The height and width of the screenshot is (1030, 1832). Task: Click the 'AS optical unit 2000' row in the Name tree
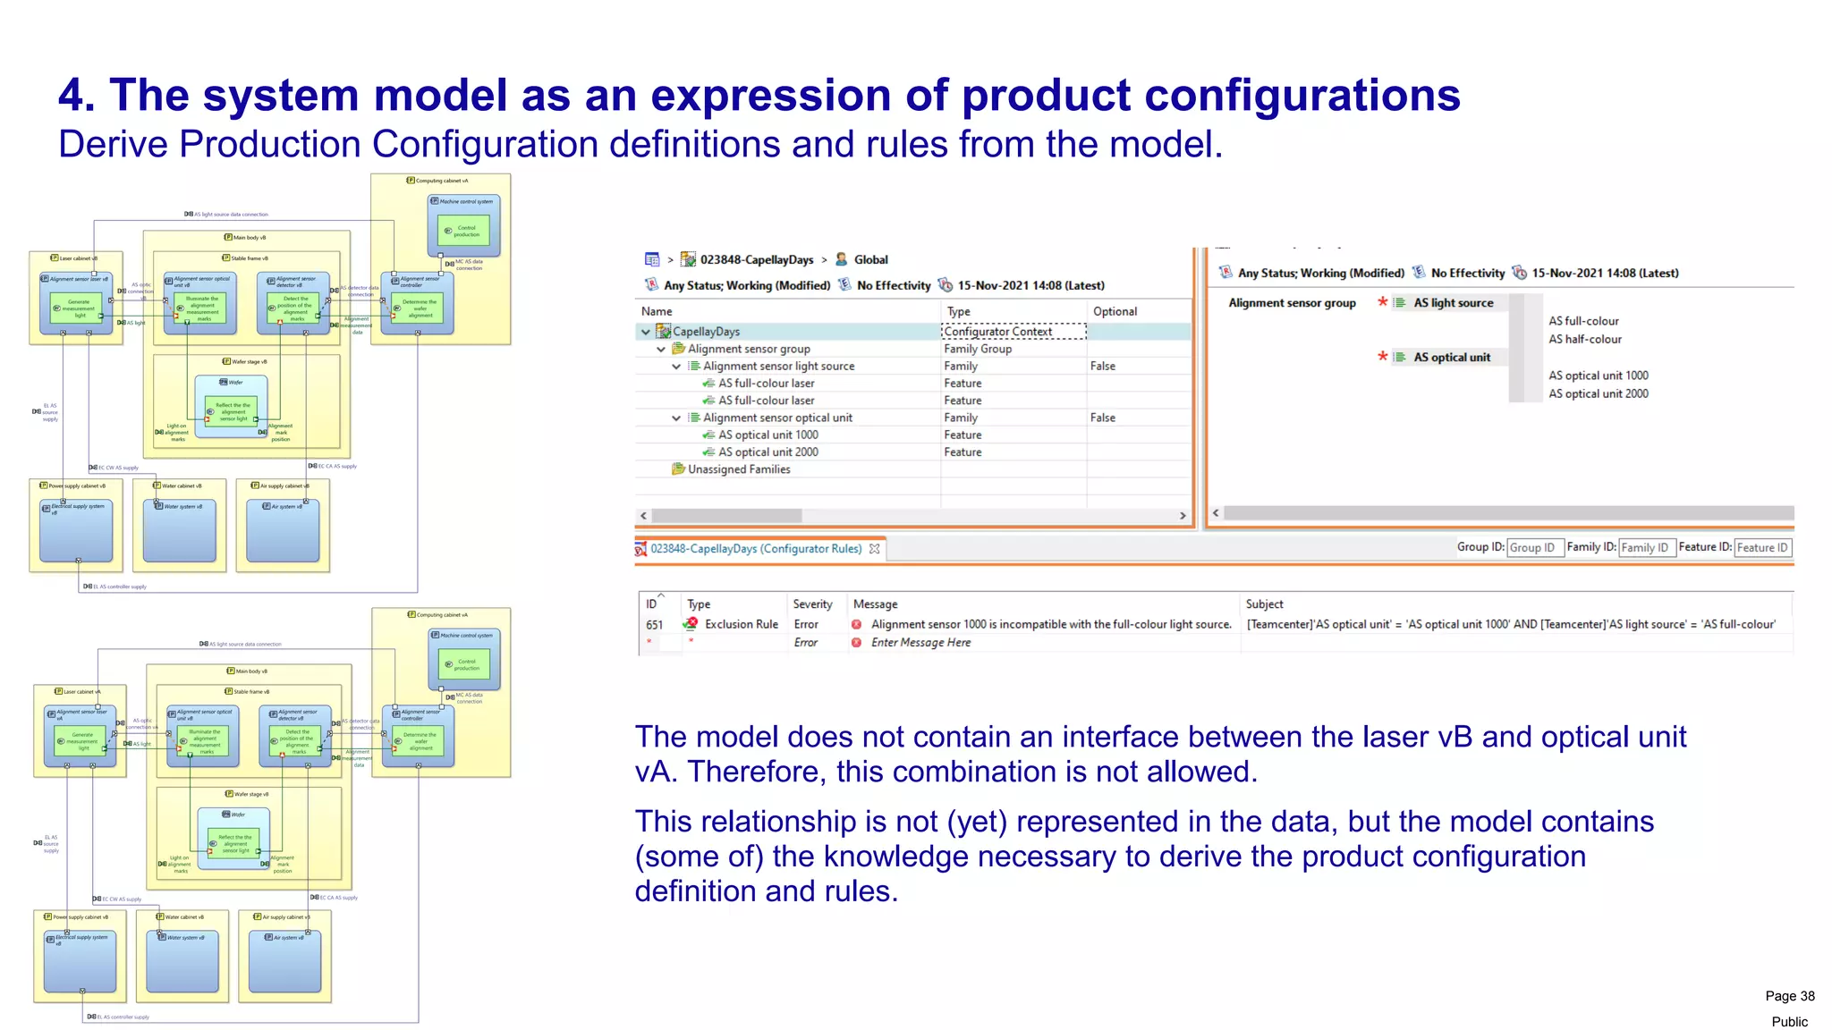pyautogui.click(x=768, y=452)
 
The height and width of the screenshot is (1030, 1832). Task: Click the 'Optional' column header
pyautogui.click(x=1115, y=311)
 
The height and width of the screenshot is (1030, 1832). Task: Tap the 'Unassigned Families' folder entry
pyautogui.click(x=738, y=469)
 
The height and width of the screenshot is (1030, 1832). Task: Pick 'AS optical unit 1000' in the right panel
pyautogui.click(x=1598, y=376)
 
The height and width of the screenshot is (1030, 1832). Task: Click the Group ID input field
pyautogui.click(x=1534, y=548)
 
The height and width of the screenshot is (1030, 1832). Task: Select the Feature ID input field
pyautogui.click(x=1762, y=548)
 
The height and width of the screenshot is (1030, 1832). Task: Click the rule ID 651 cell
pyautogui.click(x=655, y=625)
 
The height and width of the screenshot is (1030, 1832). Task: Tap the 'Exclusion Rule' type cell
pyautogui.click(x=741, y=624)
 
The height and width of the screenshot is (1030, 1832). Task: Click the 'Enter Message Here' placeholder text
pyautogui.click(x=920, y=643)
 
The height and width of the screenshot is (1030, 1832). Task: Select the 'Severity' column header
pyautogui.click(x=812, y=604)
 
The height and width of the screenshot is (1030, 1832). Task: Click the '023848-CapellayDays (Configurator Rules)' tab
pyautogui.click(x=756, y=549)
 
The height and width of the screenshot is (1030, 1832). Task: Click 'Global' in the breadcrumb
pyautogui.click(x=870, y=260)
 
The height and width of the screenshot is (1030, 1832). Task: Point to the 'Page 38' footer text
pyautogui.click(x=1789, y=996)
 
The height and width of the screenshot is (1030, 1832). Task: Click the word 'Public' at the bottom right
pyautogui.click(x=1789, y=1022)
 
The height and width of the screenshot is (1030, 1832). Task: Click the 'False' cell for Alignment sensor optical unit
pyautogui.click(x=1102, y=418)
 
